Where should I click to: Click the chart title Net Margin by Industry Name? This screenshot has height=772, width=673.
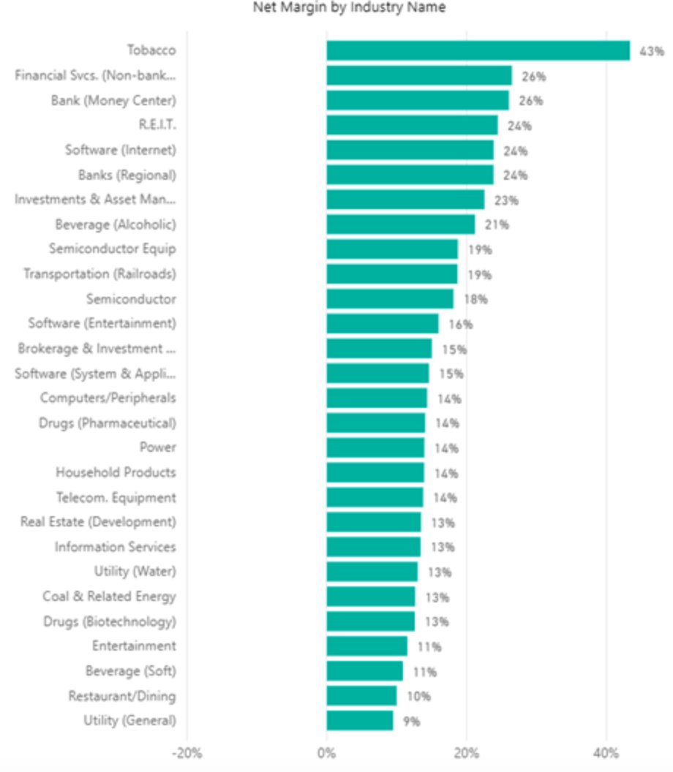pos(349,8)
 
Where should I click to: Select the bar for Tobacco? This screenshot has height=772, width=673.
pos(478,50)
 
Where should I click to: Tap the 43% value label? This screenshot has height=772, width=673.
pos(652,51)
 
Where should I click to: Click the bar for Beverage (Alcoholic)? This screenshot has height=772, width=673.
pos(400,224)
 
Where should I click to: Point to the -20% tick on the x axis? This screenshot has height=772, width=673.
pos(187,752)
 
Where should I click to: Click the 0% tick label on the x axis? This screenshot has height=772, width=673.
pos(326,752)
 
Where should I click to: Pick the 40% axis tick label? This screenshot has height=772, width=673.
pos(606,752)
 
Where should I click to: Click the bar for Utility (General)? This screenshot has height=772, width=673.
pos(359,721)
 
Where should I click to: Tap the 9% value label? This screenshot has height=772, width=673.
pos(412,722)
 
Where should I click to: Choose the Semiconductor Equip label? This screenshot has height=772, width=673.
pos(113,249)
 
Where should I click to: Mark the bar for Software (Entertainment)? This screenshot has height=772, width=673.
pos(382,324)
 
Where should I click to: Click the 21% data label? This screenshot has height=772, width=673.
pos(497,224)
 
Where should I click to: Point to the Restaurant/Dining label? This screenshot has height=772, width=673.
pos(122,696)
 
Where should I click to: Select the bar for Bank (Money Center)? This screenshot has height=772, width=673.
pos(417,100)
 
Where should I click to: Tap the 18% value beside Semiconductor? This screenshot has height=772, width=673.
pos(475,299)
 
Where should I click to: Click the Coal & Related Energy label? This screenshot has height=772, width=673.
pos(109,597)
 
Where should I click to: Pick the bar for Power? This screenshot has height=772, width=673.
pos(375,447)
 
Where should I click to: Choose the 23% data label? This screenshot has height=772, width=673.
pos(506,200)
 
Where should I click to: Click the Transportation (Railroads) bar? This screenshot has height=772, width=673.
pos(391,274)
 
